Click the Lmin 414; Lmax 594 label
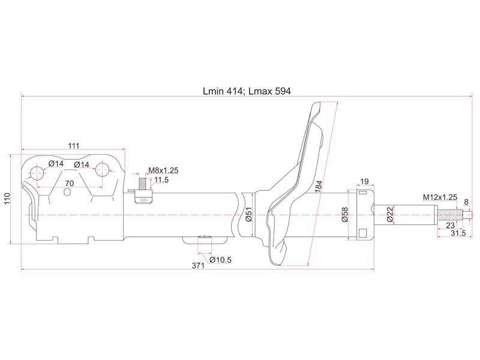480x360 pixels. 247,91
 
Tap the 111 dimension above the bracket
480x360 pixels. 73,145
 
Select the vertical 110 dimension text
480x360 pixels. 7,199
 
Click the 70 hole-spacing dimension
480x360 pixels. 70,183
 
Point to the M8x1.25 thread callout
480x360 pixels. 163,170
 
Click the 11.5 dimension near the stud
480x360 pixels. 161,179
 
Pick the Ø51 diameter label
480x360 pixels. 248,214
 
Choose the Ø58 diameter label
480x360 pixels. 344,215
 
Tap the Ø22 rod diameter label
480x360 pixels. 389,214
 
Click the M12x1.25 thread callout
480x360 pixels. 440,197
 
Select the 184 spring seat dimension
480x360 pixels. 319,187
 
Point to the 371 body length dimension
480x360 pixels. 198,265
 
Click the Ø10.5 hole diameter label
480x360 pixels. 220,260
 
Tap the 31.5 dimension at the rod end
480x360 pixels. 458,233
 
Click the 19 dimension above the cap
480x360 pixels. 364,182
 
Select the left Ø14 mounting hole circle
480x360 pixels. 37,174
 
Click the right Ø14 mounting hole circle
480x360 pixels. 102,170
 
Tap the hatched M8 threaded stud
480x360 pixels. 142,184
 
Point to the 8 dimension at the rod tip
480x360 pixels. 466,202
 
